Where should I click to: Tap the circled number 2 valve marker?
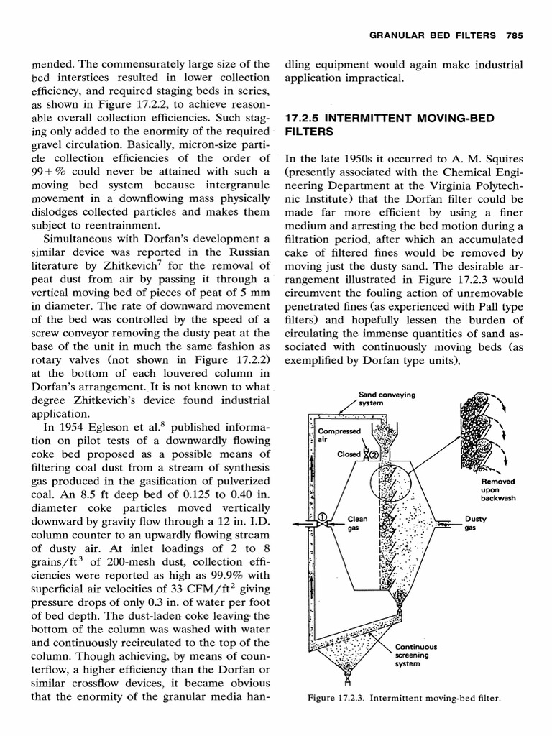pyautogui.click(x=374, y=454)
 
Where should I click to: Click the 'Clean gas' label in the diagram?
pyautogui.click(x=357, y=523)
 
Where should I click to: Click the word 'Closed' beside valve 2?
pyautogui.click(x=349, y=454)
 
